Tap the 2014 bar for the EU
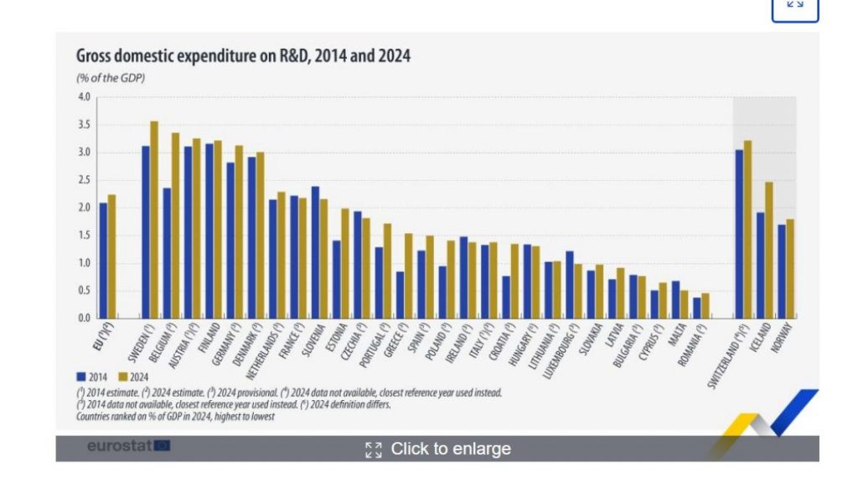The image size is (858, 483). pos(103,260)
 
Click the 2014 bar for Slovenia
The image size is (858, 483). pos(315,252)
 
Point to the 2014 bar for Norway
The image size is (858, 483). pos(781,271)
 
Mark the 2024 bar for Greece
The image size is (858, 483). pos(409,276)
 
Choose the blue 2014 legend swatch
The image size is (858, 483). pos(81,377)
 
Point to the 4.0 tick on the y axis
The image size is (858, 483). pos(84,97)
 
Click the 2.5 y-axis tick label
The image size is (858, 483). pos(84,180)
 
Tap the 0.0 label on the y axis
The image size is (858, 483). pos(84,319)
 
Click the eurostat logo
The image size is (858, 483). pos(128,446)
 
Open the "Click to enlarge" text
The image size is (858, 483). pos(450,449)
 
